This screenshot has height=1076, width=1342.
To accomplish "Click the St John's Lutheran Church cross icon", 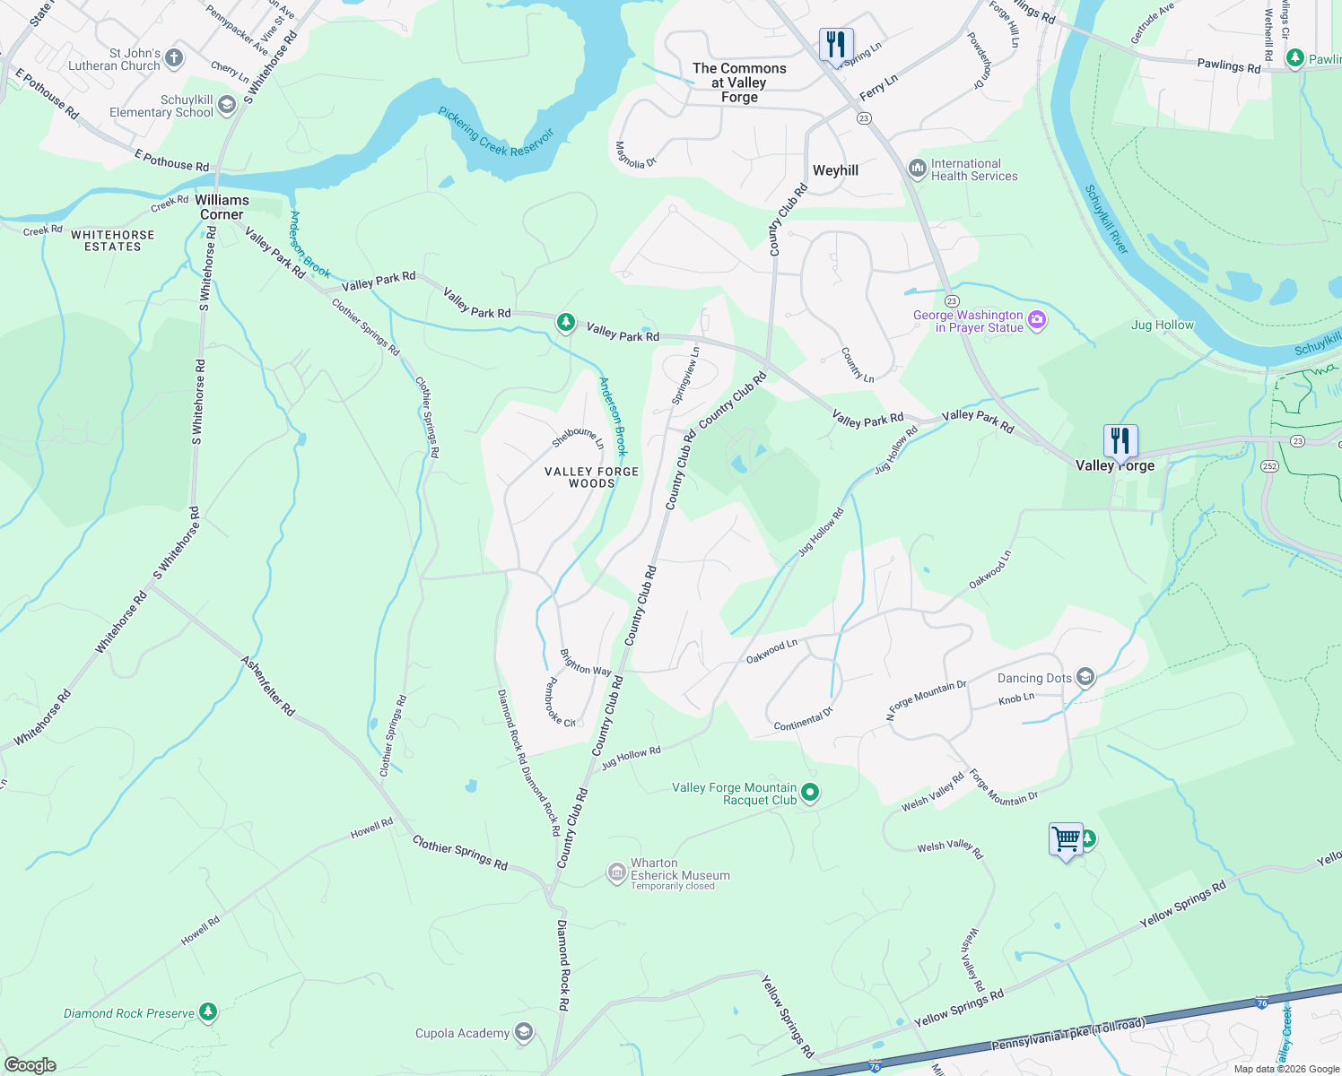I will click(174, 59).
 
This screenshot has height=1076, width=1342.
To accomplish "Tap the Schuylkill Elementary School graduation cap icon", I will click(227, 106).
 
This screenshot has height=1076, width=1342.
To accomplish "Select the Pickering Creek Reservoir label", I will click(496, 132).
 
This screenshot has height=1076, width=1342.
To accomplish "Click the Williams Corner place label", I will click(222, 207).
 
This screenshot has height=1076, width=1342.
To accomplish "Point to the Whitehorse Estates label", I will click(113, 240).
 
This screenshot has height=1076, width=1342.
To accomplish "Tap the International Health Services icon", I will click(917, 169).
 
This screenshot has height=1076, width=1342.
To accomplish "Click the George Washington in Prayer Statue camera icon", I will click(1037, 320).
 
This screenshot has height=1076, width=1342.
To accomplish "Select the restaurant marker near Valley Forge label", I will click(1120, 441).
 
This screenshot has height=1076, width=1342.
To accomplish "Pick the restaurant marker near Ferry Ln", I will click(835, 44).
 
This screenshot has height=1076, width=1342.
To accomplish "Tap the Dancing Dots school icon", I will click(1085, 677).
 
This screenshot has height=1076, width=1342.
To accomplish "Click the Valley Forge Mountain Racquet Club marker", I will click(810, 793).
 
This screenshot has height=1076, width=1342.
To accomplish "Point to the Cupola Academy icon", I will click(524, 1033).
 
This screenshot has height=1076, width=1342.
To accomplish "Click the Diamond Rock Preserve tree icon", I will click(208, 1012).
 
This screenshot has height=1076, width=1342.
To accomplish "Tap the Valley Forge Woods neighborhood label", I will click(592, 477).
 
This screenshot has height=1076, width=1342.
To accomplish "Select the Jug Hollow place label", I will click(1163, 325).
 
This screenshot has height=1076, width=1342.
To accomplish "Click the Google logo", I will click(30, 1064).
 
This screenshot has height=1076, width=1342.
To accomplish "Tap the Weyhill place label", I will click(835, 170).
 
